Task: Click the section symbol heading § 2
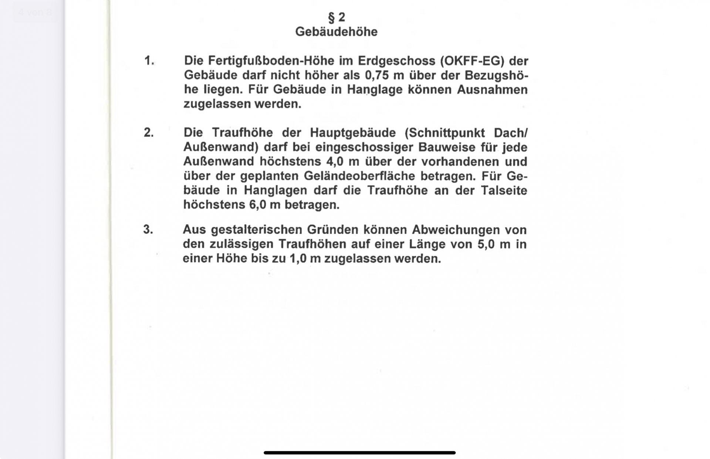336,17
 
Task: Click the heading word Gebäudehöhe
336,32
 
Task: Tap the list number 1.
149,61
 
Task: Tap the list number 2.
149,132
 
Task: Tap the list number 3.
148,229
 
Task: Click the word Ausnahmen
492,90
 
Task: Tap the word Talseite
504,190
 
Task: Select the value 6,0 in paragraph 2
258,205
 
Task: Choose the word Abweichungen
456,230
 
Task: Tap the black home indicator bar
359,453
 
